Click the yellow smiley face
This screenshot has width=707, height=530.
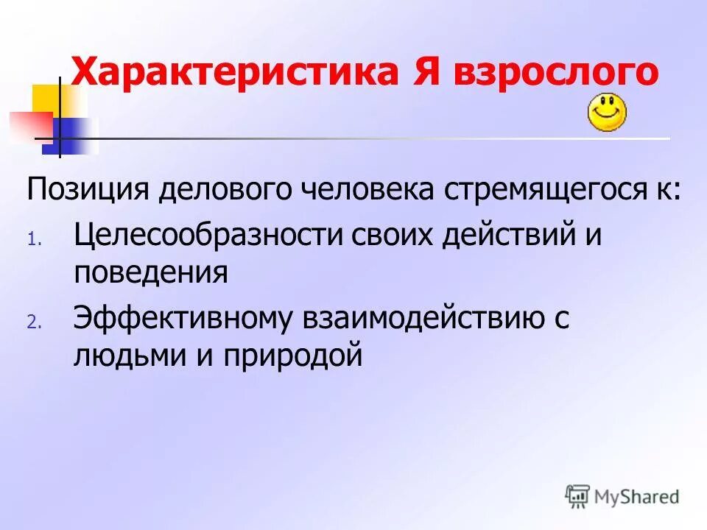(x=606, y=113)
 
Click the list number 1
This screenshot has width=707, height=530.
(x=33, y=239)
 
